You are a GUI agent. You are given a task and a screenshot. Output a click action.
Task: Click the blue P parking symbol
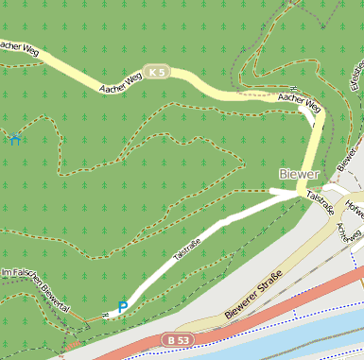coord(122,307)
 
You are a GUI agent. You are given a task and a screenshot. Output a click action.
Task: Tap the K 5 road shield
coord(157,71)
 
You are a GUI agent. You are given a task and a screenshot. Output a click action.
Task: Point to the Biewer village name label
coord(301,175)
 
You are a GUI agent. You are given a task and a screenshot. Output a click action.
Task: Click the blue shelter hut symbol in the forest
coord(13,141)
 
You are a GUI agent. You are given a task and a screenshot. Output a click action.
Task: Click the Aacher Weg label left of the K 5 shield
coord(120,83)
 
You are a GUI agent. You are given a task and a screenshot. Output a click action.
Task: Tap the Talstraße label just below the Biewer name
coord(322,203)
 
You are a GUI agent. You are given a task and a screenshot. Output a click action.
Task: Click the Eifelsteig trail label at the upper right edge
coord(357,76)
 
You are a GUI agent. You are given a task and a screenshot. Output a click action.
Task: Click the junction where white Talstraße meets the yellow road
coord(301,193)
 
